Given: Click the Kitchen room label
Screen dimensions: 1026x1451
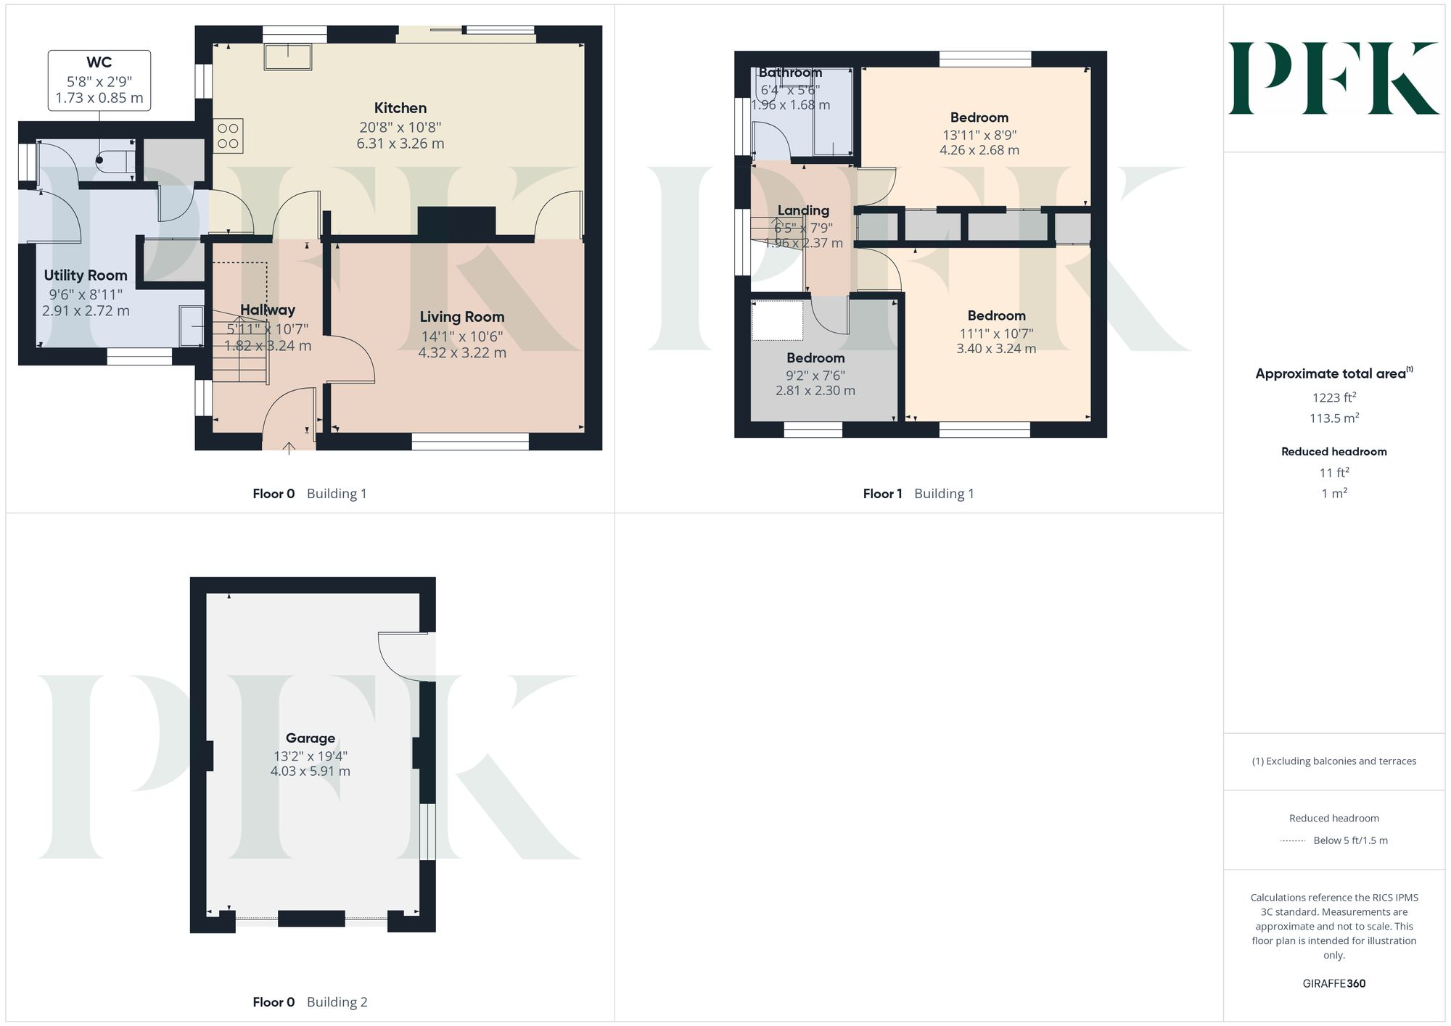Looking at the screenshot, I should click(x=400, y=108).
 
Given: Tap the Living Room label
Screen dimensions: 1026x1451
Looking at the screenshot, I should click(x=462, y=317).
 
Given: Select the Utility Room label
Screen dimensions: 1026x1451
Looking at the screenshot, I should click(x=86, y=276).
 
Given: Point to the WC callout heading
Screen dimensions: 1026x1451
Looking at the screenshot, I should click(x=99, y=62).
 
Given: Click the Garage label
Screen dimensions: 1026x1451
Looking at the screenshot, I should click(x=311, y=738).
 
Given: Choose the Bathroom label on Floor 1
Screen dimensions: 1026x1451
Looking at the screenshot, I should click(x=790, y=73).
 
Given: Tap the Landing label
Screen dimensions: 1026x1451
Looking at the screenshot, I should click(x=803, y=210).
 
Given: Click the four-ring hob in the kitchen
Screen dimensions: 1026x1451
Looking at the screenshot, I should click(x=228, y=136).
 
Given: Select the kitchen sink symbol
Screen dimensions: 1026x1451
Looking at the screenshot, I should click(x=289, y=57).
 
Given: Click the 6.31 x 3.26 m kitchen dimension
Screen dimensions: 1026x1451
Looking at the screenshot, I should click(x=400, y=144).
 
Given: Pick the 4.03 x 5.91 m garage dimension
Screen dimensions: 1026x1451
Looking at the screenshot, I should click(x=311, y=771).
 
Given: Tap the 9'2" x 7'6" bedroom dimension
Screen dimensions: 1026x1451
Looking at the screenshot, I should click(x=815, y=376).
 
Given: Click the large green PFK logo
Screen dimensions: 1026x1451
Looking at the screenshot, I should click(x=1333, y=78).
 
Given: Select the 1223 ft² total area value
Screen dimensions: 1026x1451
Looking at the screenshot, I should click(x=1333, y=397).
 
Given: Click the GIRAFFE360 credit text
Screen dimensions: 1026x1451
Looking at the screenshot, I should click(x=1333, y=983).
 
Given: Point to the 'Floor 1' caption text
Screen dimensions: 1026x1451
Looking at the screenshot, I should click(x=882, y=494).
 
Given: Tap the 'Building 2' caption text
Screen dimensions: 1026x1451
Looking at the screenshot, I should click(x=337, y=1002).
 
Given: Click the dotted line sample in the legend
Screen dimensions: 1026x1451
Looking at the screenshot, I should click(x=1293, y=841).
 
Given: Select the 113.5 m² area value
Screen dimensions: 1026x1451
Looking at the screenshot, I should click(x=1333, y=418).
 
